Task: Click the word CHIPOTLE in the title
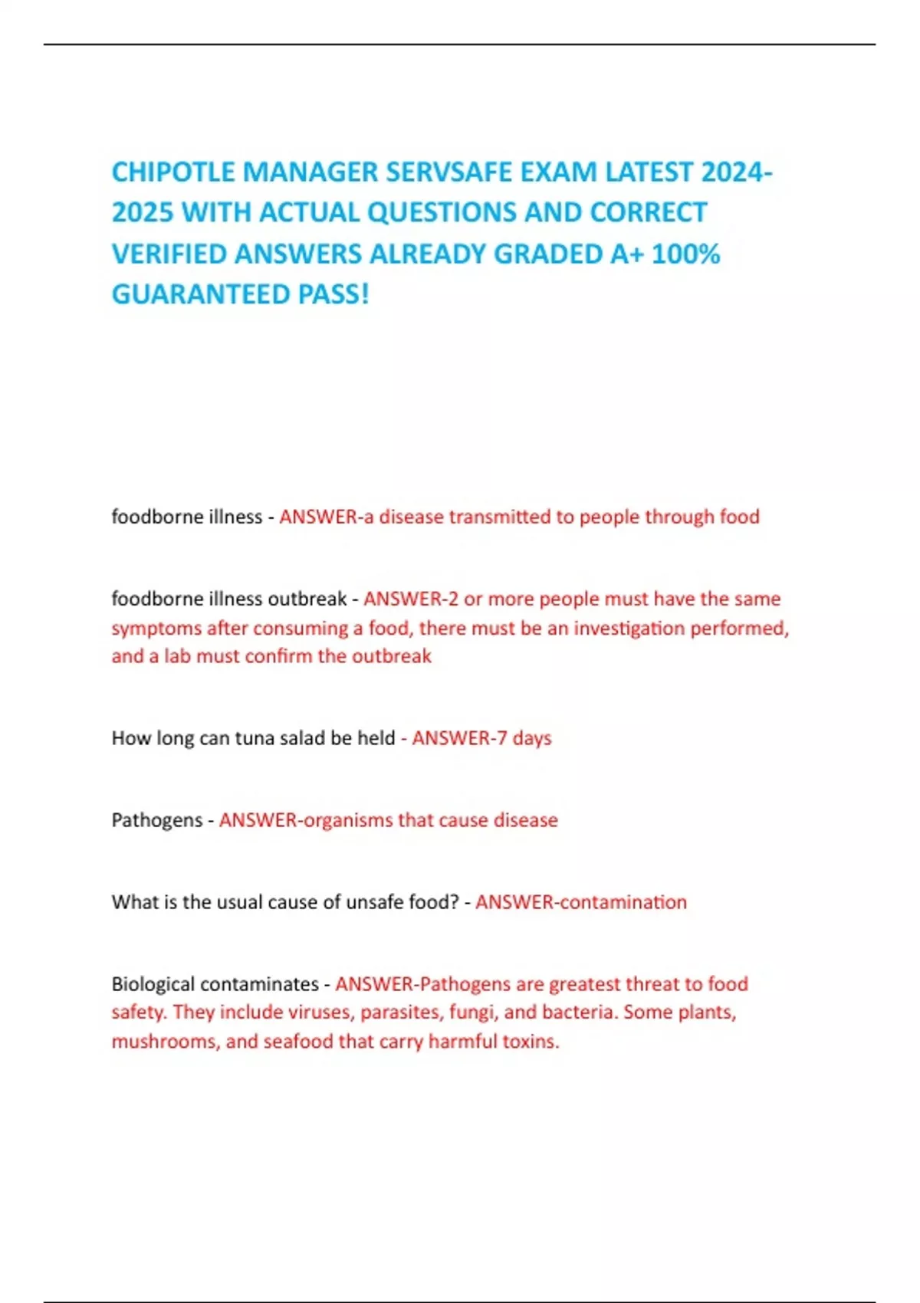coord(173,172)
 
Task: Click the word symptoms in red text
coord(156,629)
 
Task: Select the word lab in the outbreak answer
coord(177,656)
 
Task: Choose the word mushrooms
coord(164,1042)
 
